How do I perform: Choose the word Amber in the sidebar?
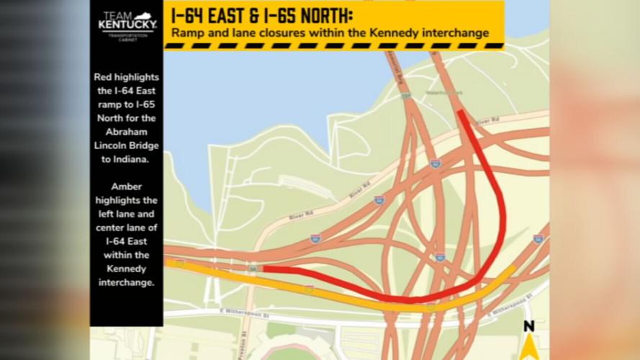click(126, 186)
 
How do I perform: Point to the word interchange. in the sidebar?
click(126, 282)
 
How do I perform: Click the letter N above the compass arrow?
click(529, 326)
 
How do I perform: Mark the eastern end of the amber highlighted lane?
click(513, 268)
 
